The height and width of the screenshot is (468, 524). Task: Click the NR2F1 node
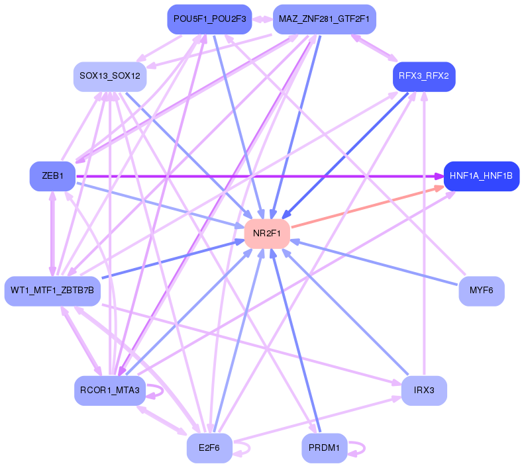268,233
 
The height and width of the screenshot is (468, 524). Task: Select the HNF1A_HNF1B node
481,176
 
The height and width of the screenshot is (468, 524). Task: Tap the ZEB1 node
52,176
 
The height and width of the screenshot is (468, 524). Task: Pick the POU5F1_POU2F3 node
209,19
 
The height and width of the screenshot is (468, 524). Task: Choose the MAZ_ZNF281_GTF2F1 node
324,19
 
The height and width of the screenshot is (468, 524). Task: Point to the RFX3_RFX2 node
423,76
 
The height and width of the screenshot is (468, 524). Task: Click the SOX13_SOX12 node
109,76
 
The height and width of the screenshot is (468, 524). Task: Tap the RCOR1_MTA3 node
109,391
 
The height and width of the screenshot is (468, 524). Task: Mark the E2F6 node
209,448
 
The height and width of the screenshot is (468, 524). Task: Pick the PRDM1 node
324,448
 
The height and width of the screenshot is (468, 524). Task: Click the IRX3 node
423,391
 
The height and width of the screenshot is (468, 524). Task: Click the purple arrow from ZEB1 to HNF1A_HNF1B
265,176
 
